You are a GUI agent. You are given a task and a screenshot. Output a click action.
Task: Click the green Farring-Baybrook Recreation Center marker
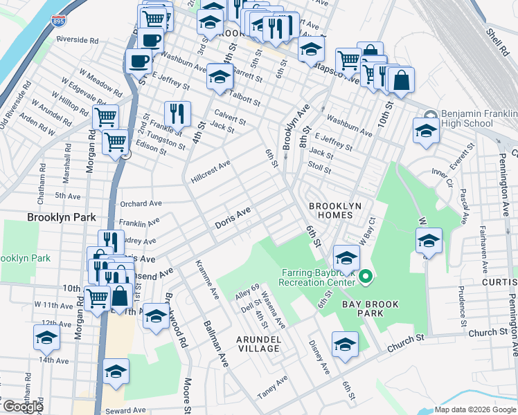[366, 278]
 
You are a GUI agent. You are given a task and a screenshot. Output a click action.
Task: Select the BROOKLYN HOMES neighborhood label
[335, 210]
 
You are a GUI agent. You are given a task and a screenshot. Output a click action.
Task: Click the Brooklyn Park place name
[61, 217]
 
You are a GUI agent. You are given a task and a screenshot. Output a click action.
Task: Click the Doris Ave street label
[232, 219]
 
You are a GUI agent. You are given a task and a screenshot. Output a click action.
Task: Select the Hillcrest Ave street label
[211, 172]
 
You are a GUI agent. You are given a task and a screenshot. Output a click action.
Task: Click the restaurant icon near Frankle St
[177, 114]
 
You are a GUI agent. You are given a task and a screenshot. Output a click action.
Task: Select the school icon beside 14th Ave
[46, 337]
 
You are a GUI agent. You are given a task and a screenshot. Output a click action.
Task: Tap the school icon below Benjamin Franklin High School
[426, 130]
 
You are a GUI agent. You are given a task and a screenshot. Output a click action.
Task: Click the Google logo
[23, 407]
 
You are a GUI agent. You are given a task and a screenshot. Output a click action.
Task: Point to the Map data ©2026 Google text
[476, 409]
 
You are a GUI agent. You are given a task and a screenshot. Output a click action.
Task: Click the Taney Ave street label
[272, 390]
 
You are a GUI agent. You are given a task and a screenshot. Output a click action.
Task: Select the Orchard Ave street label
[141, 204]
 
